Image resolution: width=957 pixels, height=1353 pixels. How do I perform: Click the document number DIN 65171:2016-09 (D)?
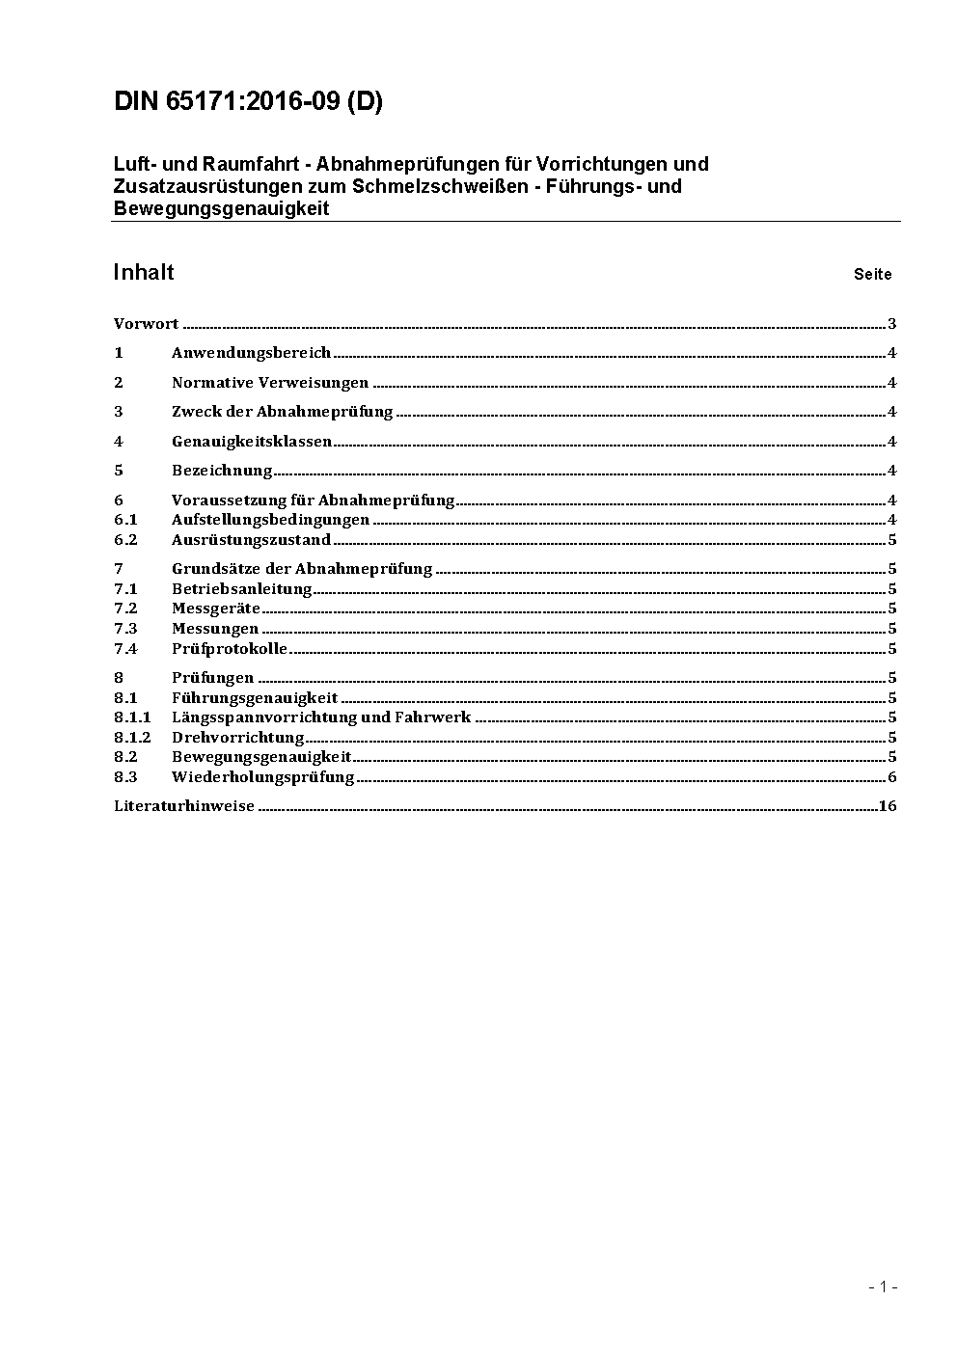pyautogui.click(x=248, y=102)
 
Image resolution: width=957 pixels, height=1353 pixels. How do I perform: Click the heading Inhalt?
pyautogui.click(x=144, y=273)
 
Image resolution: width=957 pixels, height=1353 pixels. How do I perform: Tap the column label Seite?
pyautogui.click(x=872, y=275)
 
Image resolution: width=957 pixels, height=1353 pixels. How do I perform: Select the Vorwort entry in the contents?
pyautogui.click(x=146, y=324)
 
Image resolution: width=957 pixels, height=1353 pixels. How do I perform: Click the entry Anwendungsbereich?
pyautogui.click(x=251, y=353)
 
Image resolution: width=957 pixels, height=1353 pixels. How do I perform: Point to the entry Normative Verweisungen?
pyautogui.click(x=270, y=383)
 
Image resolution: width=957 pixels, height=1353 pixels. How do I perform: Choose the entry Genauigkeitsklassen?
pyautogui.click(x=251, y=442)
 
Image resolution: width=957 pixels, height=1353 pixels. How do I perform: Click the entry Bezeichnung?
pyautogui.click(x=222, y=471)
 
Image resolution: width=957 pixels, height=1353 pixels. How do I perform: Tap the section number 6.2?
pyautogui.click(x=125, y=540)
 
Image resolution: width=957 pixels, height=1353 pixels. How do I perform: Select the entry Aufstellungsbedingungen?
pyautogui.click(x=270, y=520)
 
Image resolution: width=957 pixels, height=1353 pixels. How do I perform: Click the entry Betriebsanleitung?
pyautogui.click(x=241, y=589)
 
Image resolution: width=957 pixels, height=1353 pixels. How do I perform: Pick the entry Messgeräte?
pyautogui.click(x=216, y=609)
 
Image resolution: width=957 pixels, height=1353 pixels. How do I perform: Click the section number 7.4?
pyautogui.click(x=125, y=649)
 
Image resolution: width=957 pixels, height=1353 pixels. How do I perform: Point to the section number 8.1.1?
pyautogui.click(x=132, y=717)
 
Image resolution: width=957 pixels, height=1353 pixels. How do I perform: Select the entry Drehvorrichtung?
pyautogui.click(x=237, y=738)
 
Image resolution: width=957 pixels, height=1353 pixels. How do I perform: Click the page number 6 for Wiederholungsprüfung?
pyautogui.click(x=892, y=777)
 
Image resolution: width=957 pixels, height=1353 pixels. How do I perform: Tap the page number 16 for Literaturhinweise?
pyautogui.click(x=888, y=806)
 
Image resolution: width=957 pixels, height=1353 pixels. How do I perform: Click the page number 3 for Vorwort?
pyautogui.click(x=892, y=324)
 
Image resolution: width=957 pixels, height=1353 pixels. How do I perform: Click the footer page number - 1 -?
pyautogui.click(x=883, y=1286)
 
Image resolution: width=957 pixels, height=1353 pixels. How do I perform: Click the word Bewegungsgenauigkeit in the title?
pyautogui.click(x=221, y=208)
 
